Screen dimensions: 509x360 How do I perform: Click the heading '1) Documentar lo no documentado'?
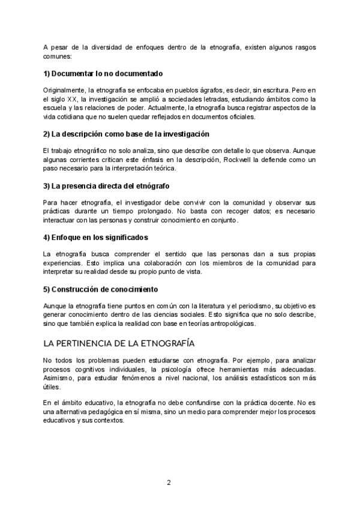click(103, 74)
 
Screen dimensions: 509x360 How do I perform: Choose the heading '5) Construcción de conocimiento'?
click(99, 289)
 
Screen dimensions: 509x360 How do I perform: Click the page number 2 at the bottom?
click(169, 482)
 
